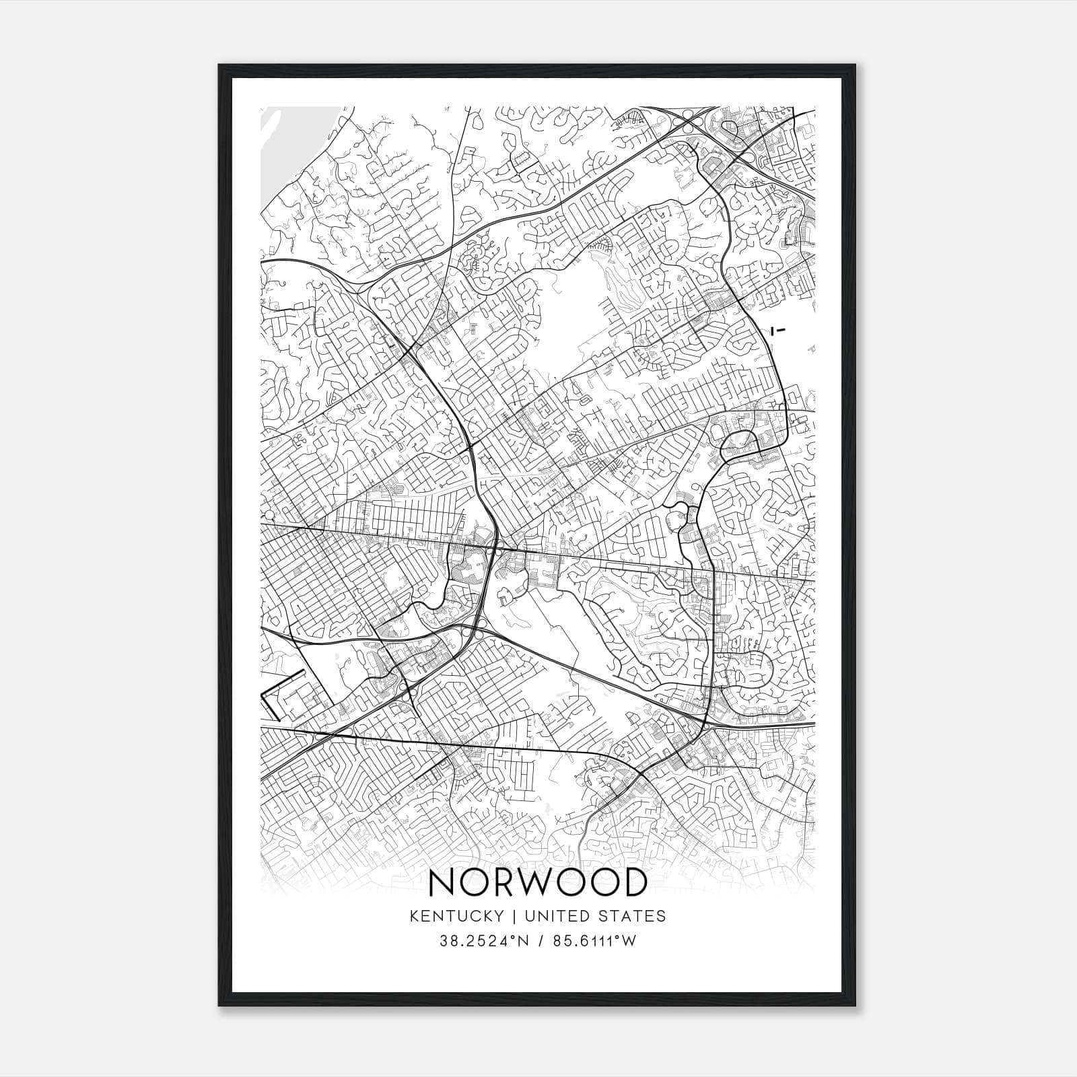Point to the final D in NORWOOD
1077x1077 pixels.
(x=633, y=882)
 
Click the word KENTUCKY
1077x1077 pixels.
(x=456, y=916)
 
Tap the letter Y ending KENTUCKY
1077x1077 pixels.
(x=498, y=916)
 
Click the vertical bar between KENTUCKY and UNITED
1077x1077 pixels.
(x=514, y=916)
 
